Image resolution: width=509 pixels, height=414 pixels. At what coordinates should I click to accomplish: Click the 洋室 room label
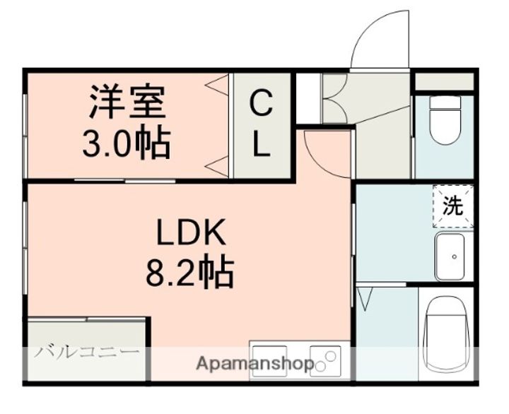[x=127, y=101]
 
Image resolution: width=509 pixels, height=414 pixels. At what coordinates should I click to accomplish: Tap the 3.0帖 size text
[x=127, y=143]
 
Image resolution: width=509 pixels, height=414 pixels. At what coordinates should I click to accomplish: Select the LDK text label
[x=191, y=232]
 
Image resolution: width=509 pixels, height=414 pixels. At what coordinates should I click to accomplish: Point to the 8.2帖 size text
[x=190, y=272]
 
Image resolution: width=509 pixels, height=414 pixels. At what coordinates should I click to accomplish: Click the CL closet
[x=262, y=126]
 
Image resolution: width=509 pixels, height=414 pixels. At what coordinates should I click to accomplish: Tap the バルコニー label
[x=87, y=352]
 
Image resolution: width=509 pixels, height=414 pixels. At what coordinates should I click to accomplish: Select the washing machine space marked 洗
[x=453, y=206]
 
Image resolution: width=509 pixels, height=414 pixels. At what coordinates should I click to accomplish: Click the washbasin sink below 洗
[x=450, y=256]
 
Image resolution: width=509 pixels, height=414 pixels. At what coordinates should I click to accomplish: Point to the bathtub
[x=447, y=335]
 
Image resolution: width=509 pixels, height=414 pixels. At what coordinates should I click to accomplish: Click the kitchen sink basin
[x=269, y=361]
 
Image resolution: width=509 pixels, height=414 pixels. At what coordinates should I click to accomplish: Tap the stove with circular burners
[x=326, y=361]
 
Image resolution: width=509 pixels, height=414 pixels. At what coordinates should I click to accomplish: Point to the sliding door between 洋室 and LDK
[x=125, y=181]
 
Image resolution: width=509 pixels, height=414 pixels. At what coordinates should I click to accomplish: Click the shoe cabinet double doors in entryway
[x=335, y=99]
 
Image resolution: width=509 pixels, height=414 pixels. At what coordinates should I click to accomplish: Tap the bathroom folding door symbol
[x=365, y=299]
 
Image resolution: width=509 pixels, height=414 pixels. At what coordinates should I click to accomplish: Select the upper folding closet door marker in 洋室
[x=217, y=85]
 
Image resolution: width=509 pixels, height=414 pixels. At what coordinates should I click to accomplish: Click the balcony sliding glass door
[x=87, y=319]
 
